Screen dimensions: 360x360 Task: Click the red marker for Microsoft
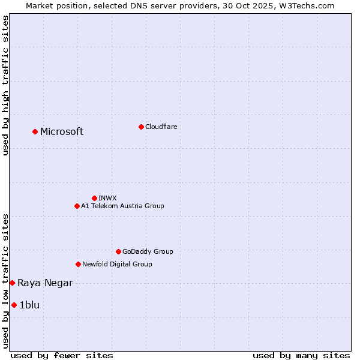[35, 131]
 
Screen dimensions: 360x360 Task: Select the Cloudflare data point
[141, 127]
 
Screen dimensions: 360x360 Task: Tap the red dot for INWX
[94, 198]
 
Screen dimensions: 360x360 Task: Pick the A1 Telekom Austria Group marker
[77, 206]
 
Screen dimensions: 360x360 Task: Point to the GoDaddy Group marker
[118, 251]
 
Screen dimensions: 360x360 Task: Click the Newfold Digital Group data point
[78, 264]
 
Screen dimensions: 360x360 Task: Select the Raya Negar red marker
[12, 283]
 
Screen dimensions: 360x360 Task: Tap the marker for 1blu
[14, 305]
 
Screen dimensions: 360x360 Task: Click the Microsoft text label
[62, 132]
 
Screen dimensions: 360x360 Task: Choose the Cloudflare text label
[161, 127]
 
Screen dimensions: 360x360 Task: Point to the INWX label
[107, 198]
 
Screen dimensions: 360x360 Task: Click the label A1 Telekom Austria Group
[122, 206]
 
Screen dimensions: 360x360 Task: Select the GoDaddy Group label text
[148, 251]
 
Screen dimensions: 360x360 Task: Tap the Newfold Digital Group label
[117, 264]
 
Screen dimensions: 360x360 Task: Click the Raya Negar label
[45, 283]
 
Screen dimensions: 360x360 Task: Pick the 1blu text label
[29, 305]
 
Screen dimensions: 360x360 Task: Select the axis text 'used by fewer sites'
[62, 355]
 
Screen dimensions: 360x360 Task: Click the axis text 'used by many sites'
[301, 355]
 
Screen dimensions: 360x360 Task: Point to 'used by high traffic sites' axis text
[5, 86]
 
